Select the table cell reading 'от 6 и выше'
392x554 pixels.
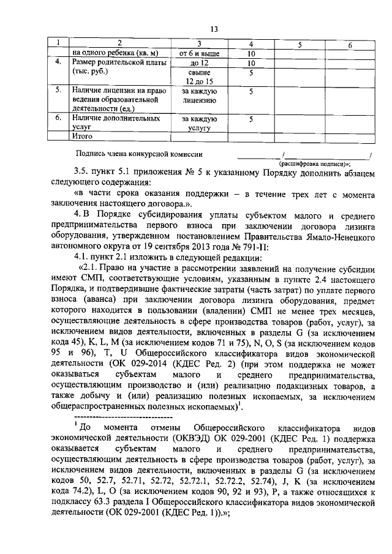[195, 53]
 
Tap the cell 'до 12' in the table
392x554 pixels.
[195, 63]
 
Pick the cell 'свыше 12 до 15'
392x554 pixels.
[195, 77]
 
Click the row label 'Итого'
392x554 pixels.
[82, 135]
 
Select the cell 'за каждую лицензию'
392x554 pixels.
[195, 96]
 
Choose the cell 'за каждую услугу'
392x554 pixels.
[195, 124]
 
